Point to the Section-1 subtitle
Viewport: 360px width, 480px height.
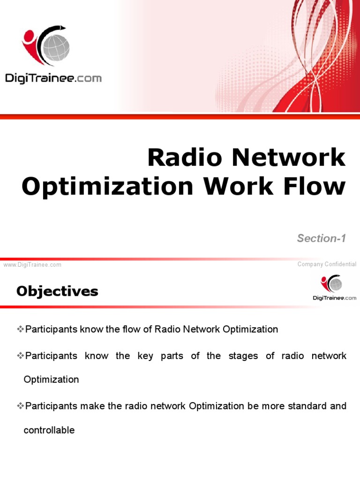(x=321, y=238)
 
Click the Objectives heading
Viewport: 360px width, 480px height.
(x=57, y=292)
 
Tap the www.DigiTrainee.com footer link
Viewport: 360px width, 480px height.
(x=32, y=265)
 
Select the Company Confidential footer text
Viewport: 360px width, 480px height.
(x=327, y=264)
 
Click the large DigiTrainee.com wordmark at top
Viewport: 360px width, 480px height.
(x=53, y=78)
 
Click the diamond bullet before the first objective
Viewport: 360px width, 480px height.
(x=20, y=329)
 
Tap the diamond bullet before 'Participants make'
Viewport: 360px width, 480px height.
(x=20, y=405)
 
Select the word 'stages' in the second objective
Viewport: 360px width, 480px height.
(x=243, y=356)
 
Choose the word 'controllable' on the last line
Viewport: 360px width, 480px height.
(x=49, y=430)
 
